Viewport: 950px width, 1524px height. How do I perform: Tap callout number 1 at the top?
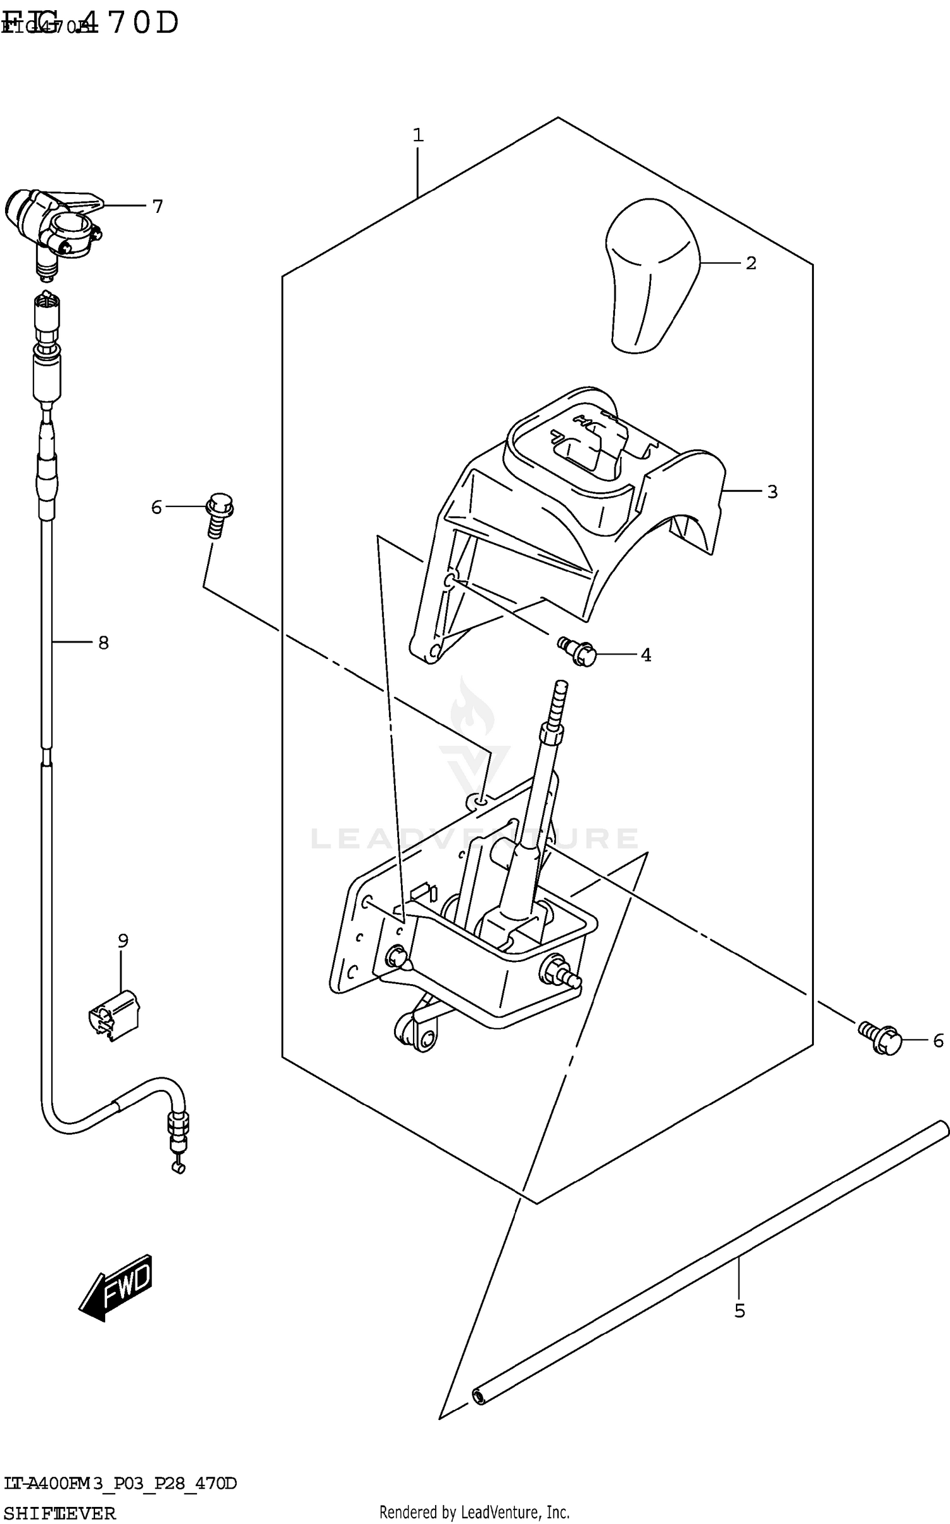417,135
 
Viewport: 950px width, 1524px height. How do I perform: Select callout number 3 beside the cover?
772,492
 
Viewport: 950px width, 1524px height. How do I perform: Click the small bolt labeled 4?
578,652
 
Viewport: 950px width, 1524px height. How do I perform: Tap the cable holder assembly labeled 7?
54,225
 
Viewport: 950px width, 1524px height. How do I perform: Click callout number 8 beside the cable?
103,643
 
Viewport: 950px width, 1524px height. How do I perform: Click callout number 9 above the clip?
123,941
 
